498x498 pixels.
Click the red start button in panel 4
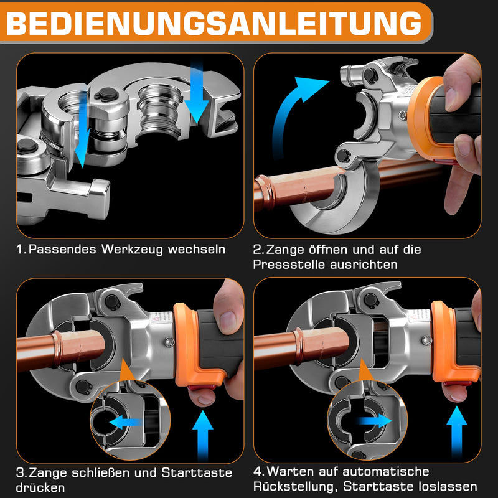tap(455, 391)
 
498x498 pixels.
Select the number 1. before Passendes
tap(22, 250)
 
